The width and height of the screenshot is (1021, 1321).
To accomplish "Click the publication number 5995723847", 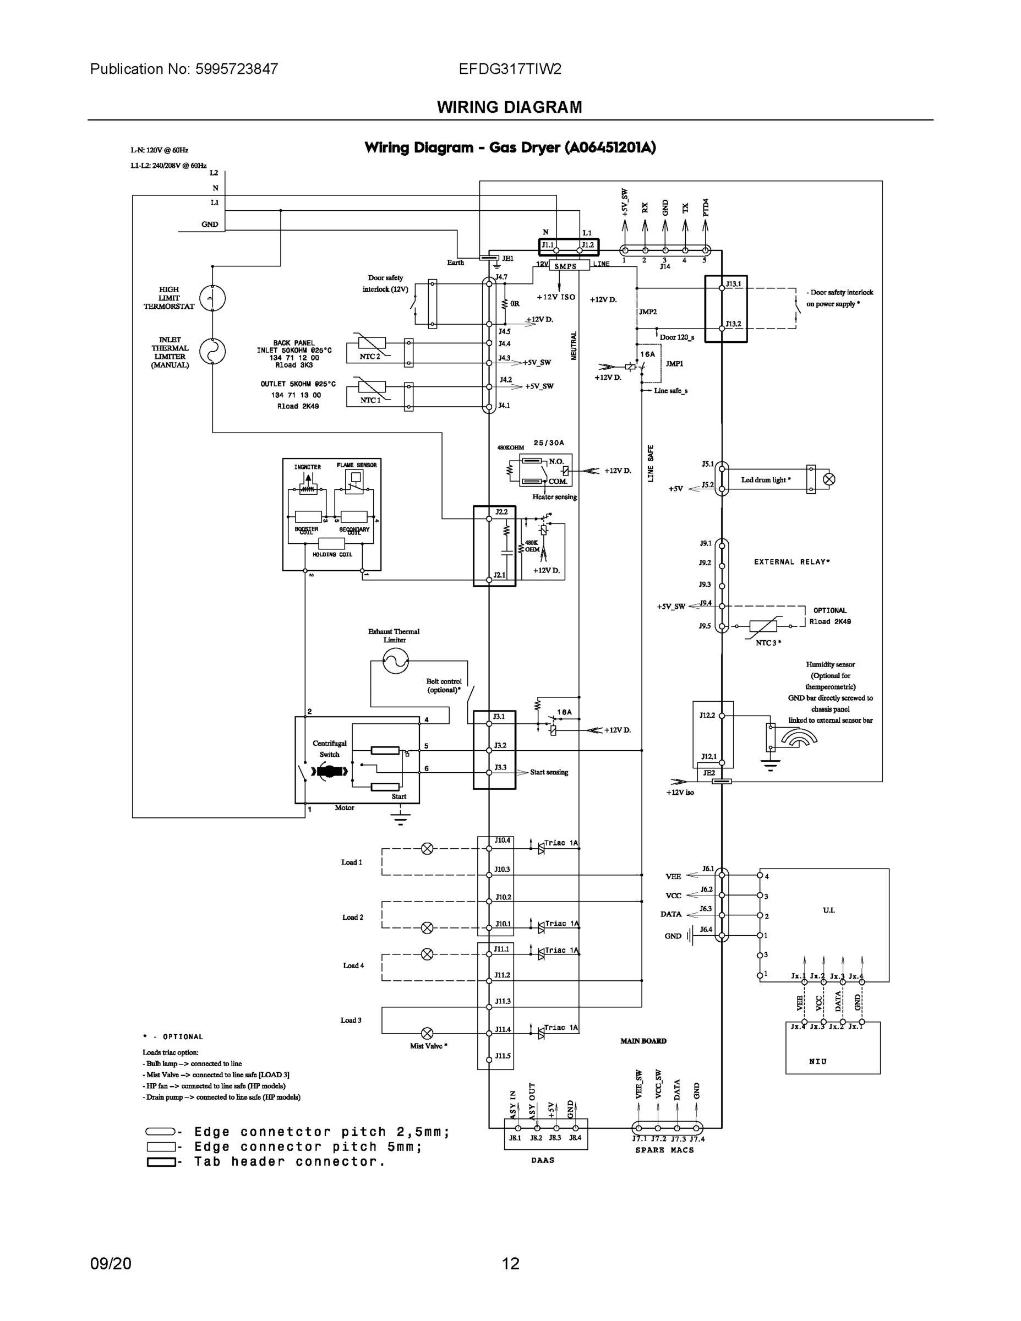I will [237, 69].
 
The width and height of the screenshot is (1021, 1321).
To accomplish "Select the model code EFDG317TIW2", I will [509, 69].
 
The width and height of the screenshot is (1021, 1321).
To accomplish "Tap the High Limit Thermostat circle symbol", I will [213, 298].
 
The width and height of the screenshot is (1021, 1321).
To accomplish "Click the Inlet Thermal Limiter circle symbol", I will [213, 351].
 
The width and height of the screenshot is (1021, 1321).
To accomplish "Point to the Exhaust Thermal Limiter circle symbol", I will [396, 660].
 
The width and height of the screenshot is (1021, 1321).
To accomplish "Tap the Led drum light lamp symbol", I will [829, 479].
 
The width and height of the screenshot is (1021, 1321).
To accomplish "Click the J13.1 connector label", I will [733, 283].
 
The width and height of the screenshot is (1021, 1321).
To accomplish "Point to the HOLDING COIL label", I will [332, 555].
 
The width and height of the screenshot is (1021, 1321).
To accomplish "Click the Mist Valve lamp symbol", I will [427, 1033].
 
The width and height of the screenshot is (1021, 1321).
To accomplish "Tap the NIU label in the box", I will [818, 1062].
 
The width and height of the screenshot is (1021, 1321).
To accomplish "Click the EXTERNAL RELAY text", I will [791, 562].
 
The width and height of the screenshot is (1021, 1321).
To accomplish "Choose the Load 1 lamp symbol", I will [427, 849].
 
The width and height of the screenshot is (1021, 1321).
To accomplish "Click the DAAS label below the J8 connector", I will [543, 1160].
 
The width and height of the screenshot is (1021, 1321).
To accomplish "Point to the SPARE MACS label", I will [664, 1150].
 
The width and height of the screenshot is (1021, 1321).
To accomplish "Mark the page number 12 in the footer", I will [511, 1264].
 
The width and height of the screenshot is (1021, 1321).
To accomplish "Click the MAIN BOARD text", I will [643, 1041].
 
